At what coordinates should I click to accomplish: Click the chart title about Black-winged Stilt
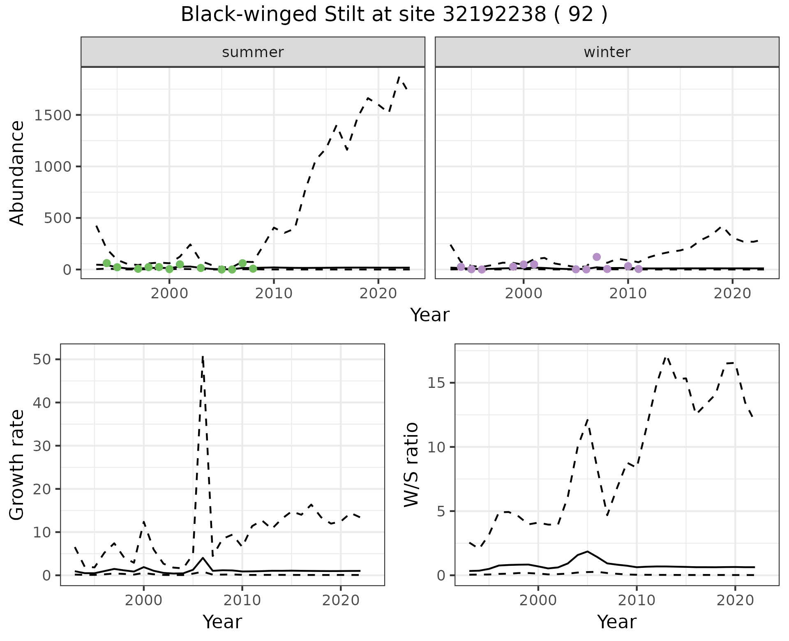click(x=394, y=15)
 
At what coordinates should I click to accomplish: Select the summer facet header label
click(x=253, y=52)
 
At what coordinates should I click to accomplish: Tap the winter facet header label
click(x=607, y=52)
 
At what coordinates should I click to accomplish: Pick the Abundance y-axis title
click(x=17, y=173)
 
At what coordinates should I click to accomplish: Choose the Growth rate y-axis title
click(x=17, y=464)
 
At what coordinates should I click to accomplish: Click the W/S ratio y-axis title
click(x=411, y=464)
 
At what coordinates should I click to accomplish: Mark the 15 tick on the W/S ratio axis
click(x=436, y=383)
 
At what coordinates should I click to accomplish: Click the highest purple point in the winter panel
click(x=597, y=257)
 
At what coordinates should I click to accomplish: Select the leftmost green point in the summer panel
click(x=107, y=263)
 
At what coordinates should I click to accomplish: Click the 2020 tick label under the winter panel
click(x=732, y=294)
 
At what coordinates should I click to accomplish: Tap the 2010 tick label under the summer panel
click(x=273, y=294)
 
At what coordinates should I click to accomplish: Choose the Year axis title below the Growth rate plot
click(x=222, y=622)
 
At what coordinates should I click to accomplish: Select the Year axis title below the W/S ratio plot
click(x=616, y=622)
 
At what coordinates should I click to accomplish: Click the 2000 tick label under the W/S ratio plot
click(x=538, y=600)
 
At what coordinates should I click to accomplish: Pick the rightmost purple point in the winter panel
click(x=638, y=269)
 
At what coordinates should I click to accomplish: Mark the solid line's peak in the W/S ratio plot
click(x=588, y=551)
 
